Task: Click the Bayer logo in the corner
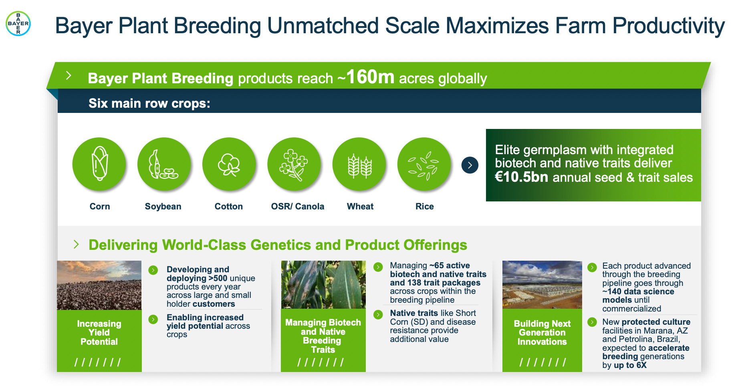click(18, 23)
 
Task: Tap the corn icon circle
click(99, 164)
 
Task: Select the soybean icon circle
click(164, 164)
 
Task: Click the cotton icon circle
click(229, 164)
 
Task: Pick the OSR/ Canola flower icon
click(294, 164)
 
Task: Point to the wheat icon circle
click(359, 164)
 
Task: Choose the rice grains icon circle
click(424, 164)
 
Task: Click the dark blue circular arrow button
click(470, 165)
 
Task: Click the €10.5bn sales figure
click(521, 177)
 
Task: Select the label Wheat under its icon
click(360, 206)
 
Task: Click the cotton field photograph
click(99, 285)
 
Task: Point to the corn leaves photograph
click(323, 284)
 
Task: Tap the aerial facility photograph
click(542, 284)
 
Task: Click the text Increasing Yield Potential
click(99, 332)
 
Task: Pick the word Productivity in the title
click(668, 26)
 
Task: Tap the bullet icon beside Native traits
click(378, 314)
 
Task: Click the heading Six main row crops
click(149, 103)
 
